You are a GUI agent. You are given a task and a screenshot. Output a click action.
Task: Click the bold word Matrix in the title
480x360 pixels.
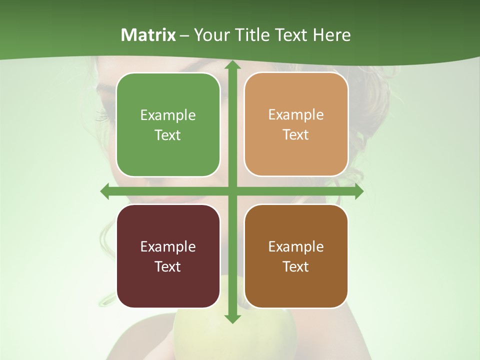point(148,35)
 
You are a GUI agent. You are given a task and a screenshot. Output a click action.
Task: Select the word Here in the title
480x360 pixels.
point(332,35)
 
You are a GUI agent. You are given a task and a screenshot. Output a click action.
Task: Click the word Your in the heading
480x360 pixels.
point(212,35)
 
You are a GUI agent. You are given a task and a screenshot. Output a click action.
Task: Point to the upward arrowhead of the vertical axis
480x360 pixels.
point(232,66)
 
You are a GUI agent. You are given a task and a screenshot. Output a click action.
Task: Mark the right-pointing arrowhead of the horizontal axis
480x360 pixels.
point(358,191)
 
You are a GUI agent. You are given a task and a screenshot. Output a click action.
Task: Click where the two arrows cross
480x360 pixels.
point(232,191)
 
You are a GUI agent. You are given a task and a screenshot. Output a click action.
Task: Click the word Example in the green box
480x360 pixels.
point(168,115)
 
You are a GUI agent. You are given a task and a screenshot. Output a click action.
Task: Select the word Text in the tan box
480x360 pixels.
point(296,135)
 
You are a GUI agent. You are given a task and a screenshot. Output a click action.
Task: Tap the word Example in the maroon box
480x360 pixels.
point(168,246)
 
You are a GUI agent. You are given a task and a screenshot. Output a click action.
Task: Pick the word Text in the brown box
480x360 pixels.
point(296,266)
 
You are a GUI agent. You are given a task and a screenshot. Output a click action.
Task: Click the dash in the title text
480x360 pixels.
point(184,35)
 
